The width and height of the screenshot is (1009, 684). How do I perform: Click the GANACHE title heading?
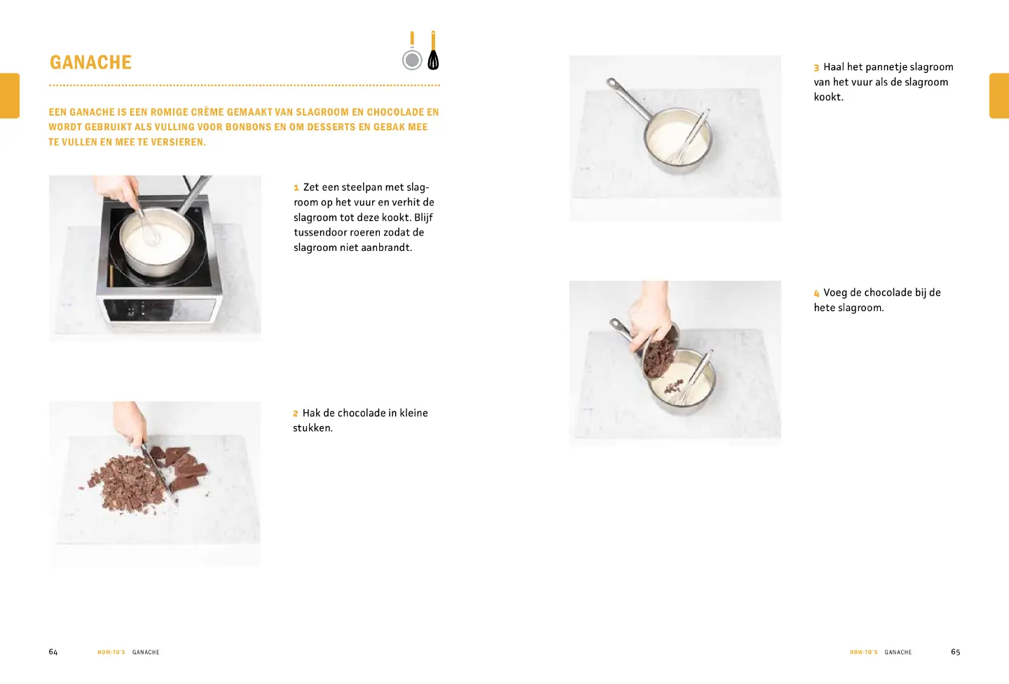(90, 62)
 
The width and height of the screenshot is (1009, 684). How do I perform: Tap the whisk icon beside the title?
(433, 50)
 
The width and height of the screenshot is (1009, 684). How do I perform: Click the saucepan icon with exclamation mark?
(412, 51)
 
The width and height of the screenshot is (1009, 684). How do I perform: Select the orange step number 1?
(296, 187)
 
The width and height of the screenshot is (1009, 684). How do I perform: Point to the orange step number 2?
(296, 413)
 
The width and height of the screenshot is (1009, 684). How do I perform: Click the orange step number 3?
(816, 67)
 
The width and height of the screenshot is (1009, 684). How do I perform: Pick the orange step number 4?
(816, 294)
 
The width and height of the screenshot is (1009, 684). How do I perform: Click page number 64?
(53, 652)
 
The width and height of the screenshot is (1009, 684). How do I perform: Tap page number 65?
(956, 652)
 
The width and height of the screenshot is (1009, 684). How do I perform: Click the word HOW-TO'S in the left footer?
(111, 652)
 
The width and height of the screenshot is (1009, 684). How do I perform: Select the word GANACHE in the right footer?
(898, 652)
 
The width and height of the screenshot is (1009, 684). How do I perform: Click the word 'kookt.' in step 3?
(828, 97)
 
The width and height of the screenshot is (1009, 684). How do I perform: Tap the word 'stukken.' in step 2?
(313, 428)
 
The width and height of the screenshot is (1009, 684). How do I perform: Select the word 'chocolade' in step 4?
(881, 292)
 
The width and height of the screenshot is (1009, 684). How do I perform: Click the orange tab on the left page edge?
(10, 95)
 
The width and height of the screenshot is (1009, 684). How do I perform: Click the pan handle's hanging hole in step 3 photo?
(611, 83)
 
